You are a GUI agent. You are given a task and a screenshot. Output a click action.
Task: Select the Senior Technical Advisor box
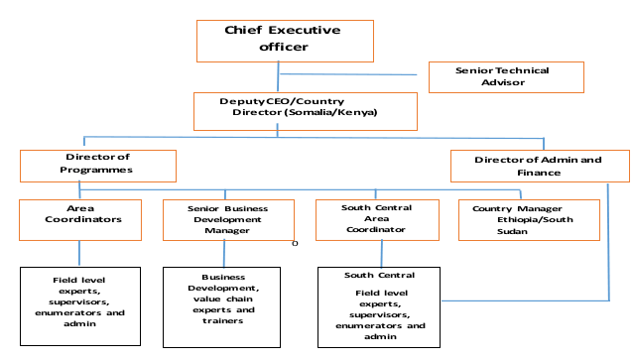coord(505,76)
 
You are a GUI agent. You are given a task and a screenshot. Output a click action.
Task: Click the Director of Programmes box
coord(97,165)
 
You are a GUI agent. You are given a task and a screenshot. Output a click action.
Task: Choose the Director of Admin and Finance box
coord(539,166)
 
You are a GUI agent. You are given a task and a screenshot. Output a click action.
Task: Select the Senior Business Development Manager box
coord(228,220)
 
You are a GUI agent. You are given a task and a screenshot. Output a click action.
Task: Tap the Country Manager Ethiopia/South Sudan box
coord(529,220)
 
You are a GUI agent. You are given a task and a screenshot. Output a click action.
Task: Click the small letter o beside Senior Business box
coord(296,241)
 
